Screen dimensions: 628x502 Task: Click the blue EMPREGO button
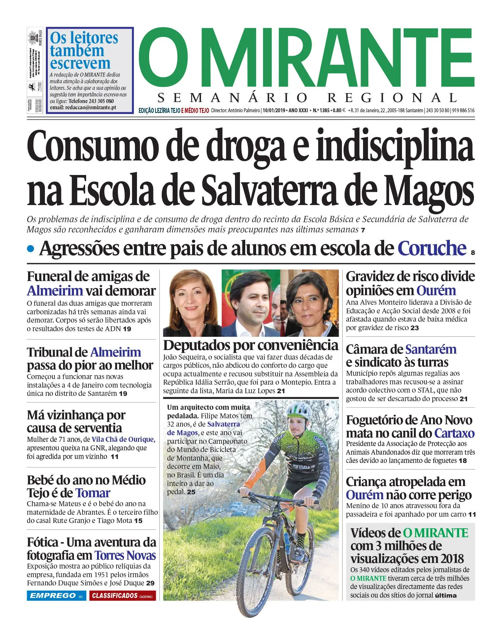pos(56,596)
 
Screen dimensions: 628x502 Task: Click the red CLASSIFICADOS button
pos(122,596)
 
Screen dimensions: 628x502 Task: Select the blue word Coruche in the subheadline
pos(432,248)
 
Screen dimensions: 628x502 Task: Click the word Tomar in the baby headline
pos(93,493)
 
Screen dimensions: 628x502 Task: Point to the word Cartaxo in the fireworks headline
pos(454,433)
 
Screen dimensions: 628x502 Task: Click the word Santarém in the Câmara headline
pos(431,349)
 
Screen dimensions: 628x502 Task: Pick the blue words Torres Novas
pos(125,555)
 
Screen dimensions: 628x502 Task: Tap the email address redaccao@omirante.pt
pos(90,108)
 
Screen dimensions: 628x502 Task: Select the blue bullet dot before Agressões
pos(31,249)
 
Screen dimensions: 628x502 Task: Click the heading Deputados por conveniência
pos(251,345)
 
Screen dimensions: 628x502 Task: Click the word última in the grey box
pos(446,596)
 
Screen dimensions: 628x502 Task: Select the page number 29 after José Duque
pos(150,583)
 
